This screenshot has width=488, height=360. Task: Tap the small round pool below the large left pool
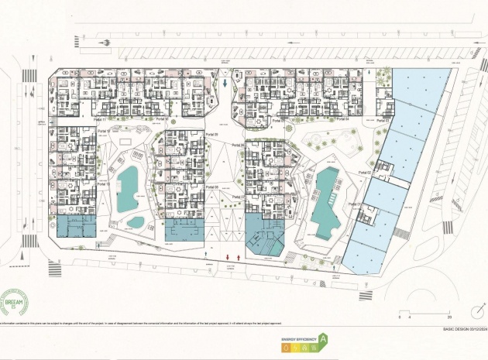click(135, 222)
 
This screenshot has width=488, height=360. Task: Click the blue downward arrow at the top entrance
click(225, 83)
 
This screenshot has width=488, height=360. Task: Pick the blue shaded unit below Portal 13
click(75, 226)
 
